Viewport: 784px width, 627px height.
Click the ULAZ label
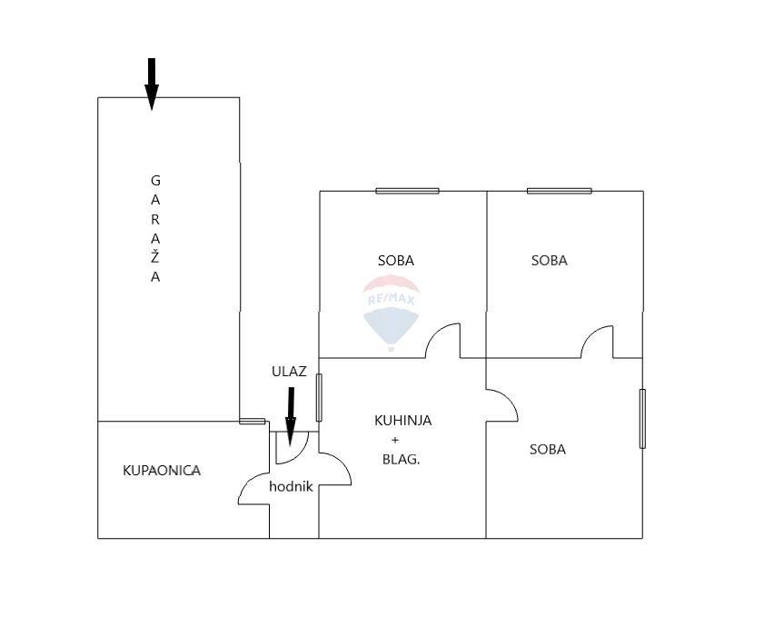pyautogui.click(x=289, y=371)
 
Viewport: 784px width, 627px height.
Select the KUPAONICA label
pyautogui.click(x=162, y=471)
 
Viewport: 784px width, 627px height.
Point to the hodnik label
pyautogui.click(x=291, y=487)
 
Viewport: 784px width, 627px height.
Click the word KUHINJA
pyautogui.click(x=402, y=421)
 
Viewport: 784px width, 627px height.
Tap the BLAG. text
pyautogui.click(x=401, y=460)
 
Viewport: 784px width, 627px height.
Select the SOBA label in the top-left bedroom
pyautogui.click(x=395, y=261)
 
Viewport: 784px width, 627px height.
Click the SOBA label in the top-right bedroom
pyautogui.click(x=549, y=261)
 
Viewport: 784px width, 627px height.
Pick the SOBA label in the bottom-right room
pyautogui.click(x=547, y=449)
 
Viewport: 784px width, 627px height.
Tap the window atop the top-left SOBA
pyautogui.click(x=407, y=191)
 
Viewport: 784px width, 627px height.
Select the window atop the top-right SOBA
pyautogui.click(x=559, y=191)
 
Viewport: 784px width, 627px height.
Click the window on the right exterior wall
pyautogui.click(x=642, y=418)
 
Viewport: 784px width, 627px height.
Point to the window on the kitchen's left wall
pyautogui.click(x=319, y=397)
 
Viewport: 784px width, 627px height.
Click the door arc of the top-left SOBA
pyautogui.click(x=443, y=341)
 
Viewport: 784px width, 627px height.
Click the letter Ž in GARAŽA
pyautogui.click(x=155, y=257)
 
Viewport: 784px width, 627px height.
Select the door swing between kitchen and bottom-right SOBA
pyautogui.click(x=502, y=405)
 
